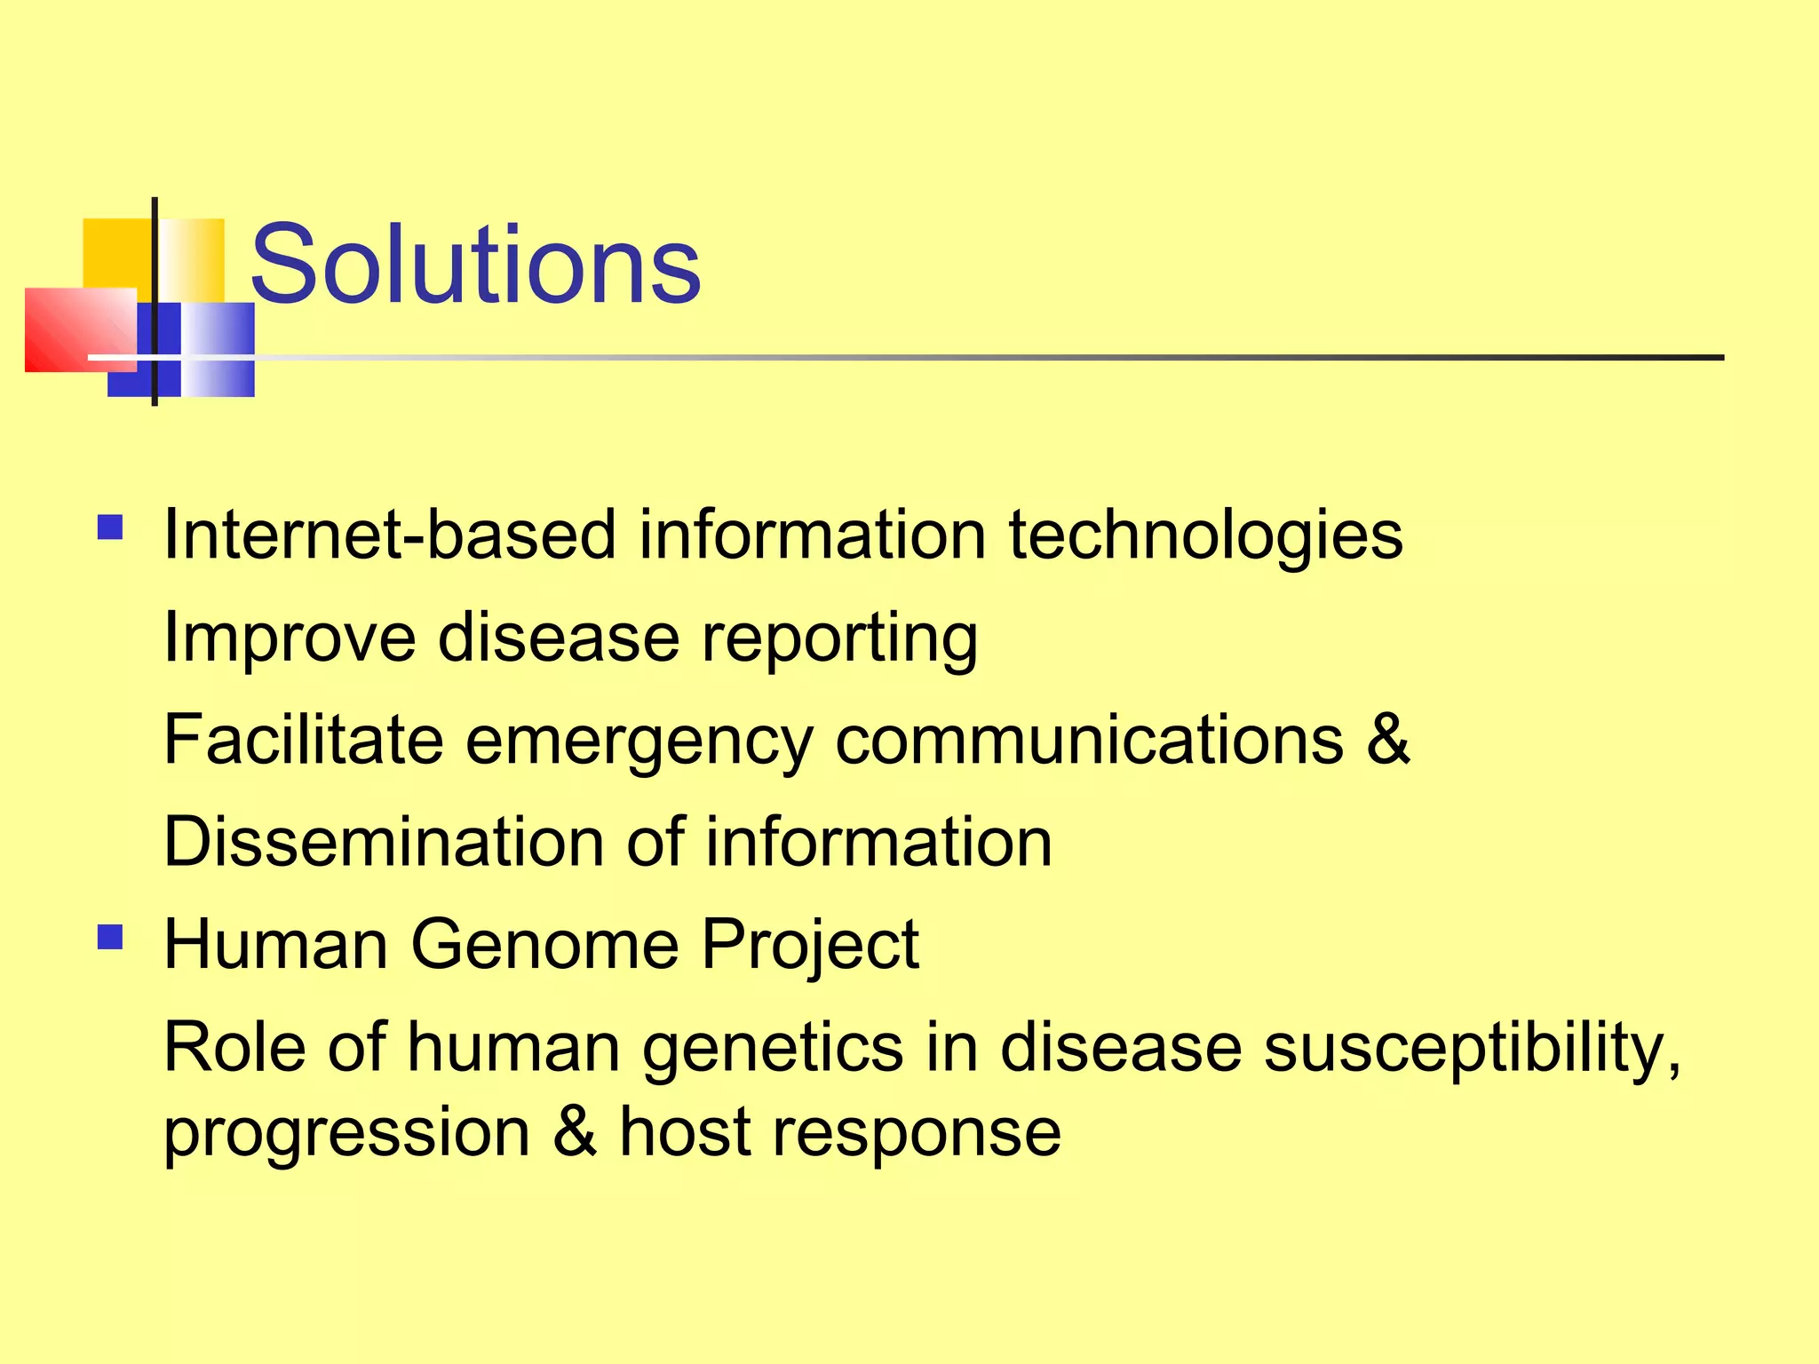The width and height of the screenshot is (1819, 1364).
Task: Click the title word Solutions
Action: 475,264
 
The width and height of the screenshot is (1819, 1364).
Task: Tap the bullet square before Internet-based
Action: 110,528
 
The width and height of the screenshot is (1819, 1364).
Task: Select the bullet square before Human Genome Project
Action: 110,937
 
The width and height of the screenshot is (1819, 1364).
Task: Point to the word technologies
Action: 1205,536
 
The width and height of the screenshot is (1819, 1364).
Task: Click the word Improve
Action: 290,638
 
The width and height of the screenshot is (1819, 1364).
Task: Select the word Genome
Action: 544,944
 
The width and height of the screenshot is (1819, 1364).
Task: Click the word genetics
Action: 773,1048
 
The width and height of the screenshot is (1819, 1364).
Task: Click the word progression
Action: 346,1134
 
